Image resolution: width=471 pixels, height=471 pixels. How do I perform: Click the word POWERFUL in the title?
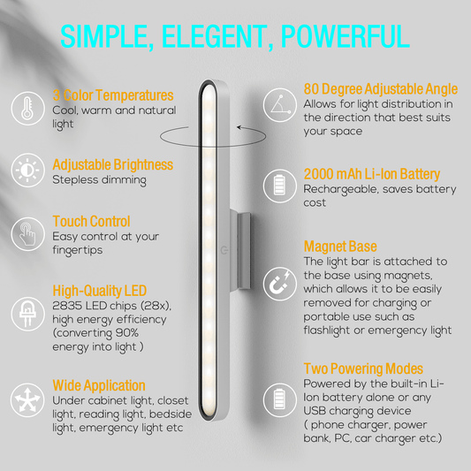point(346,36)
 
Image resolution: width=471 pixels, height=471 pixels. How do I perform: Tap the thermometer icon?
point(27,109)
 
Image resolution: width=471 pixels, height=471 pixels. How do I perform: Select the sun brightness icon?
point(27,171)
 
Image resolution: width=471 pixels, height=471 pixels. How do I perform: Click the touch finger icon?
point(27,234)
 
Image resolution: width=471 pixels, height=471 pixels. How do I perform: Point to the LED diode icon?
point(27,314)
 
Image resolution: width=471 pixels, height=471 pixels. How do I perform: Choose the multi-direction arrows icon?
point(27,400)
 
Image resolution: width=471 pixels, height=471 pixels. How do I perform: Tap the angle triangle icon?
point(280,105)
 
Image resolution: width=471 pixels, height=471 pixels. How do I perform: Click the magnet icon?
point(280,284)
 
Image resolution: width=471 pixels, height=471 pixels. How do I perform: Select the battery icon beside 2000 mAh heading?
point(280,186)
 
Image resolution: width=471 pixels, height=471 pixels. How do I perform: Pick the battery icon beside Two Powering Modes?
point(280,399)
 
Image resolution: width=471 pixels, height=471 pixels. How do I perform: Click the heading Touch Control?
point(91,222)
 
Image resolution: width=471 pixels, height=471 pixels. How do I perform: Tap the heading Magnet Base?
point(340,247)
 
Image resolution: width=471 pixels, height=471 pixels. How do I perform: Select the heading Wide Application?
point(99,385)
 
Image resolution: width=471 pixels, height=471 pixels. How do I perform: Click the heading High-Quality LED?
point(100,291)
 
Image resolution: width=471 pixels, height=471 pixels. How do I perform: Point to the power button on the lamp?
point(224,250)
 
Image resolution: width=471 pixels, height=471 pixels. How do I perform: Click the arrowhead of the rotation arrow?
point(239,127)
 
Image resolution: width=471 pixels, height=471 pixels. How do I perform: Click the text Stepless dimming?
point(100,180)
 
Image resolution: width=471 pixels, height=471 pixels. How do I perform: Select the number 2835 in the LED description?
point(67,306)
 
